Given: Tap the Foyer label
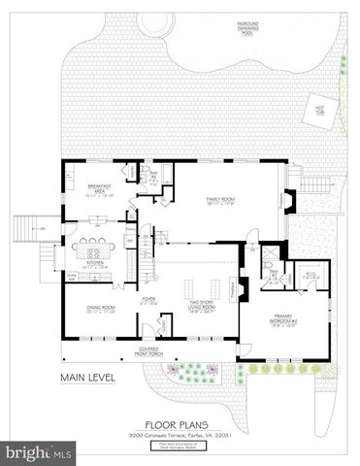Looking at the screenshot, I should click(148, 301).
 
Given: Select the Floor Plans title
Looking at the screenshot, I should click(180, 423).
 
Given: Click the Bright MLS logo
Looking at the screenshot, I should click(39, 452).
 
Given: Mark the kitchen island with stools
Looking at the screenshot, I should click(95, 245).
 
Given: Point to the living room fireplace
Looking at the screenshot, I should click(243, 289).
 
